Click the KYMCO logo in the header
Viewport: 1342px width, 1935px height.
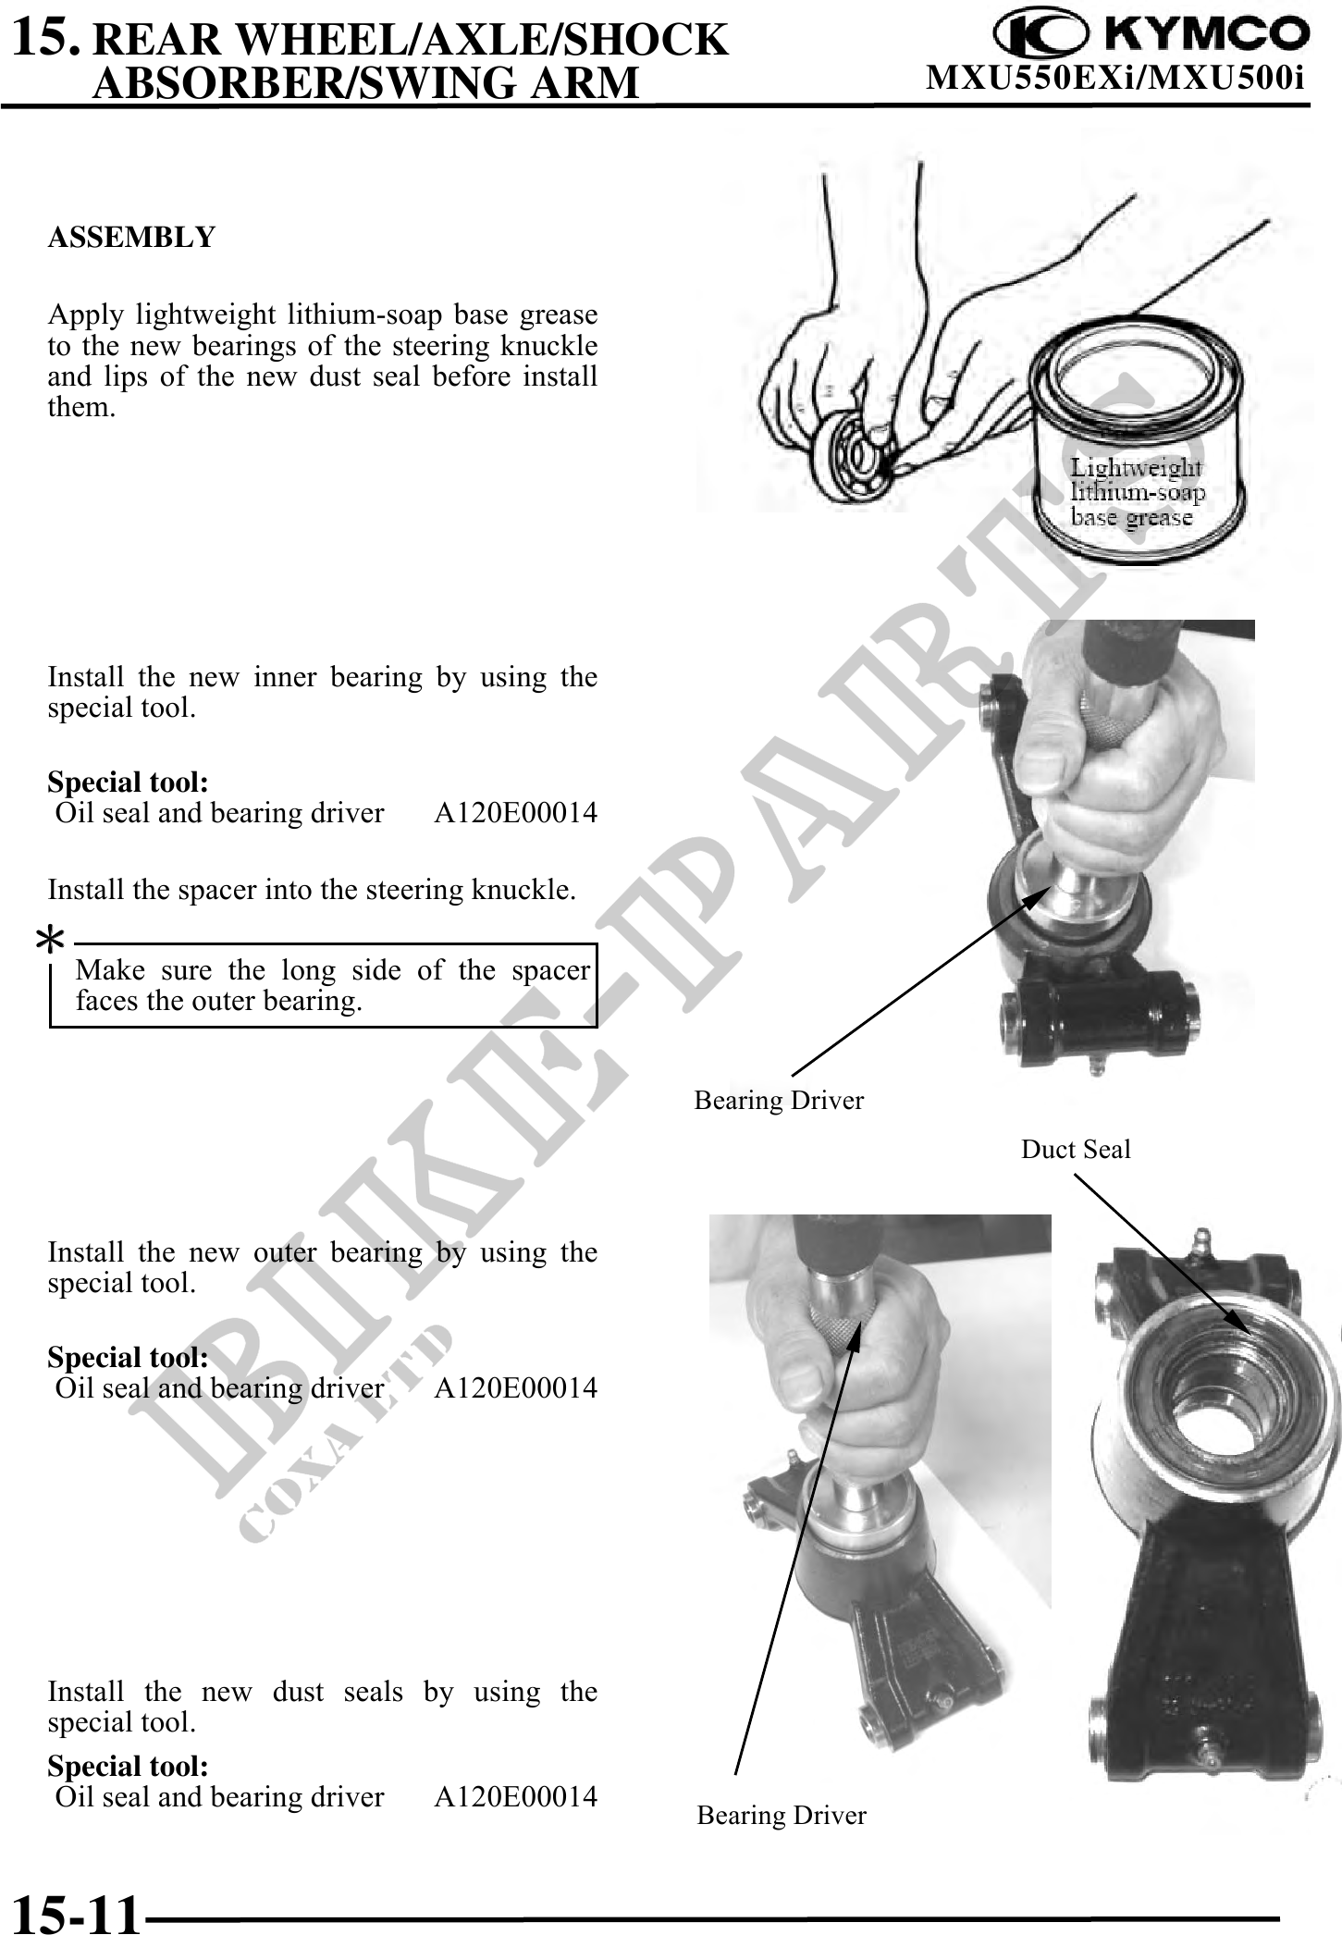point(1151,33)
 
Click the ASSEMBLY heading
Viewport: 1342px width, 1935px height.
point(131,238)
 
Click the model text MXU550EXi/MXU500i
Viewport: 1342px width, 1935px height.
point(1115,79)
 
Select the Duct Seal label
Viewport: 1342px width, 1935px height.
point(1076,1149)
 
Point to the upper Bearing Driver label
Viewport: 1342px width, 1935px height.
point(779,1100)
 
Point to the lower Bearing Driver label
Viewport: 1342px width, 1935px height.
point(782,1815)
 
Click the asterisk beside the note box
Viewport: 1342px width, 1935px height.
point(49,943)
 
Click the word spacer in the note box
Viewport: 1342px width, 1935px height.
point(550,969)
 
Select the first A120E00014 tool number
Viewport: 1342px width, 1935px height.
point(516,813)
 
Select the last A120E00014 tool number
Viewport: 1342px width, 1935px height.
point(516,1796)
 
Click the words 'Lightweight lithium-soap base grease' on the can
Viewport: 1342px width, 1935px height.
point(1137,491)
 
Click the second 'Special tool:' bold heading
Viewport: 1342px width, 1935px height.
point(128,1357)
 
